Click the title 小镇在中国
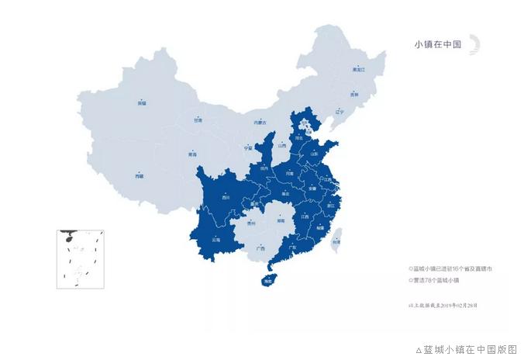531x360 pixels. [438, 44]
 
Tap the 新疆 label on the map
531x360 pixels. [142, 102]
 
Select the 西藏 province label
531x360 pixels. [140, 177]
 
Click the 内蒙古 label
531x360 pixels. [259, 123]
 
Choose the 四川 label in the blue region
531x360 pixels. [226, 198]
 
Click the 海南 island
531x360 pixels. [268, 280]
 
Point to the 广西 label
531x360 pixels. [260, 248]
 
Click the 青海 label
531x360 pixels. [192, 155]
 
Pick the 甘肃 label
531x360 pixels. [198, 120]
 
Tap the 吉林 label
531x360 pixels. [354, 94]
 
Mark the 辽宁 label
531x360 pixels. [339, 112]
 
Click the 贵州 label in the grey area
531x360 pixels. [251, 223]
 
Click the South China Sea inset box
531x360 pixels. [80, 259]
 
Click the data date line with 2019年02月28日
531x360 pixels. [443, 305]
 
